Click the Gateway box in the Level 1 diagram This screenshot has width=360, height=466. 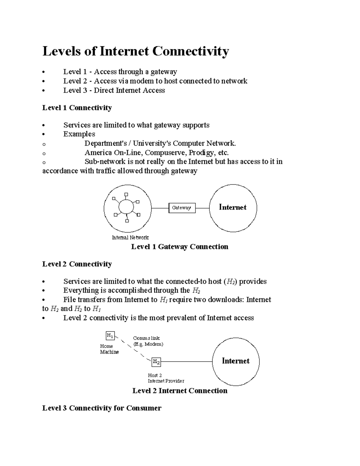[x=182, y=208]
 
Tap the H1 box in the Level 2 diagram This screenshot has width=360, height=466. [x=110, y=335]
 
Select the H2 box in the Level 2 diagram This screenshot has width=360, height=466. [x=156, y=362]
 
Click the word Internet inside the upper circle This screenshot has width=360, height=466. [x=232, y=207]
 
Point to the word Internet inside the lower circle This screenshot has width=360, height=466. [x=235, y=361]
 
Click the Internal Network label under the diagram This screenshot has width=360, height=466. [x=130, y=238]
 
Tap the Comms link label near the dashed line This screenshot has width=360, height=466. [x=146, y=338]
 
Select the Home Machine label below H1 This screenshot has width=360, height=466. [x=109, y=349]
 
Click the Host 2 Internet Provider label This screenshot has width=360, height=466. [x=166, y=378]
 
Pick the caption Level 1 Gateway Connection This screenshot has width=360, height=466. [x=180, y=247]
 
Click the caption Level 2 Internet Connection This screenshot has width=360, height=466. [x=180, y=391]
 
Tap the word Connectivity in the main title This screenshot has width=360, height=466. [x=190, y=51]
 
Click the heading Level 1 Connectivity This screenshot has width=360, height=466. [x=77, y=108]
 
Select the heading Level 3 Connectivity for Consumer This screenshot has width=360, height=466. [x=102, y=408]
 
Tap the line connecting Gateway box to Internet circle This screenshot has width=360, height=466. [x=202, y=208]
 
